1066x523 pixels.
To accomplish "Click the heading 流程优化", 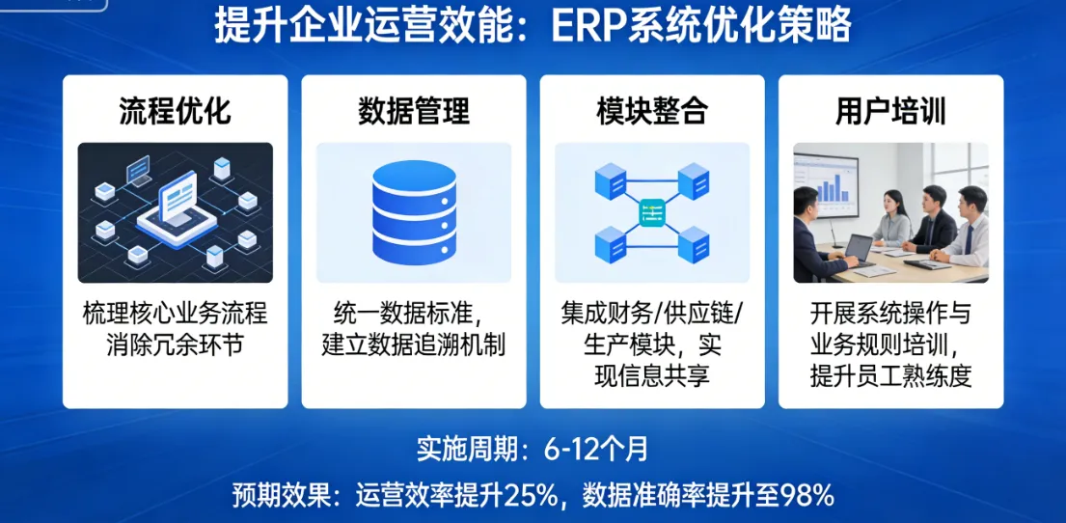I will tap(175, 111).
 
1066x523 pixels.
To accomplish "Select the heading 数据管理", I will tap(413, 111).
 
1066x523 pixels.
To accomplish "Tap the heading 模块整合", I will tap(651, 111).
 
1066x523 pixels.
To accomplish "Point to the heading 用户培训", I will tap(889, 111).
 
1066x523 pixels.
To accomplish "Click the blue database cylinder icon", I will tap(413, 213).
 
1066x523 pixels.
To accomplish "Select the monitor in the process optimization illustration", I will tap(178, 198).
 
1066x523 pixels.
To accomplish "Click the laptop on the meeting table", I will tap(858, 248).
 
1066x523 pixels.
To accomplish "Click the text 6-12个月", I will tap(596, 450).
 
